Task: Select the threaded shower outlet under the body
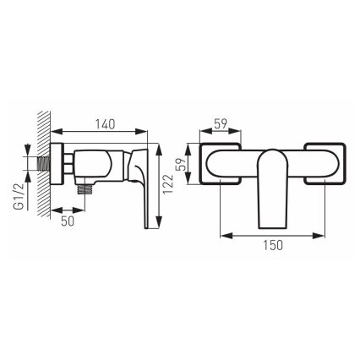click(x=85, y=191)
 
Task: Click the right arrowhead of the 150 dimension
click(x=325, y=233)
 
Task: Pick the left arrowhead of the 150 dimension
click(x=221, y=233)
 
